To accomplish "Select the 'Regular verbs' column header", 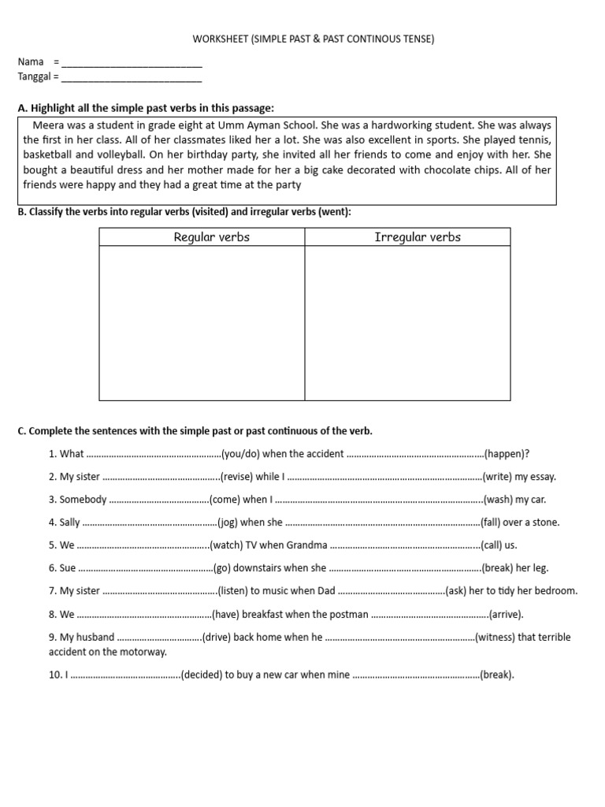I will [211, 237].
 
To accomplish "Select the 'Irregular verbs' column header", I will [418, 237].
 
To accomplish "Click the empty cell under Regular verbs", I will [202, 323].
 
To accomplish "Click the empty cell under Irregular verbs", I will [407, 323].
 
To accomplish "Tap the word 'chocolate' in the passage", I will [426, 169].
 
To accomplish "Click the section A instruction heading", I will [146, 108].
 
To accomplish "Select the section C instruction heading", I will [195, 431].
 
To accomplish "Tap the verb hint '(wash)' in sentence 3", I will [499, 500].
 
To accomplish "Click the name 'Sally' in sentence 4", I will [70, 523].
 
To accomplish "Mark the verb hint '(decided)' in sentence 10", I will [203, 675].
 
